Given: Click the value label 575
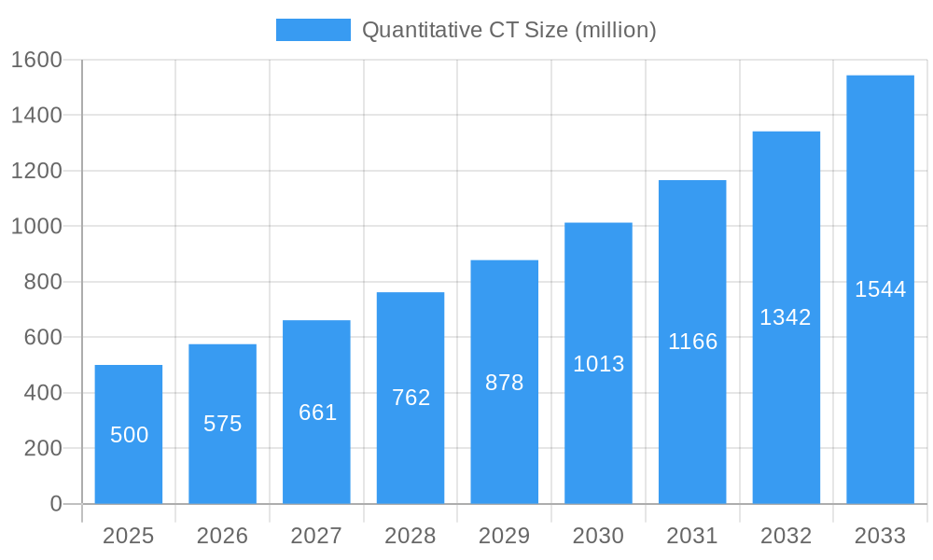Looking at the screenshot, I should (x=223, y=424).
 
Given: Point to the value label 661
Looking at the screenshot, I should (x=317, y=413).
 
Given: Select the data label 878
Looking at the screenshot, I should (x=505, y=383).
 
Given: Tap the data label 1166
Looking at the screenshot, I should (x=692, y=342).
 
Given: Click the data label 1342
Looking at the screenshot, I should (x=786, y=317).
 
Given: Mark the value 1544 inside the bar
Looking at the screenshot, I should (x=880, y=289).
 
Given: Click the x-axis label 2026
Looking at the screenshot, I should (x=223, y=536).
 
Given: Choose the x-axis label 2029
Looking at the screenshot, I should (x=505, y=536).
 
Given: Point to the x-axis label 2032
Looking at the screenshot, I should (x=786, y=536).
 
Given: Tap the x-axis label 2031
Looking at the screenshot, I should (x=692, y=536).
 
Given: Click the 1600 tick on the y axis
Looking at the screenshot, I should (x=36, y=60).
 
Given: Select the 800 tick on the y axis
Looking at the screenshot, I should (x=43, y=282).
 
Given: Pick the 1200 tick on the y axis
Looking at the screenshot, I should (x=36, y=171).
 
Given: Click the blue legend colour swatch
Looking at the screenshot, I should (x=313, y=30).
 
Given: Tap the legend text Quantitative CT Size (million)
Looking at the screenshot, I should (x=508, y=30).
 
